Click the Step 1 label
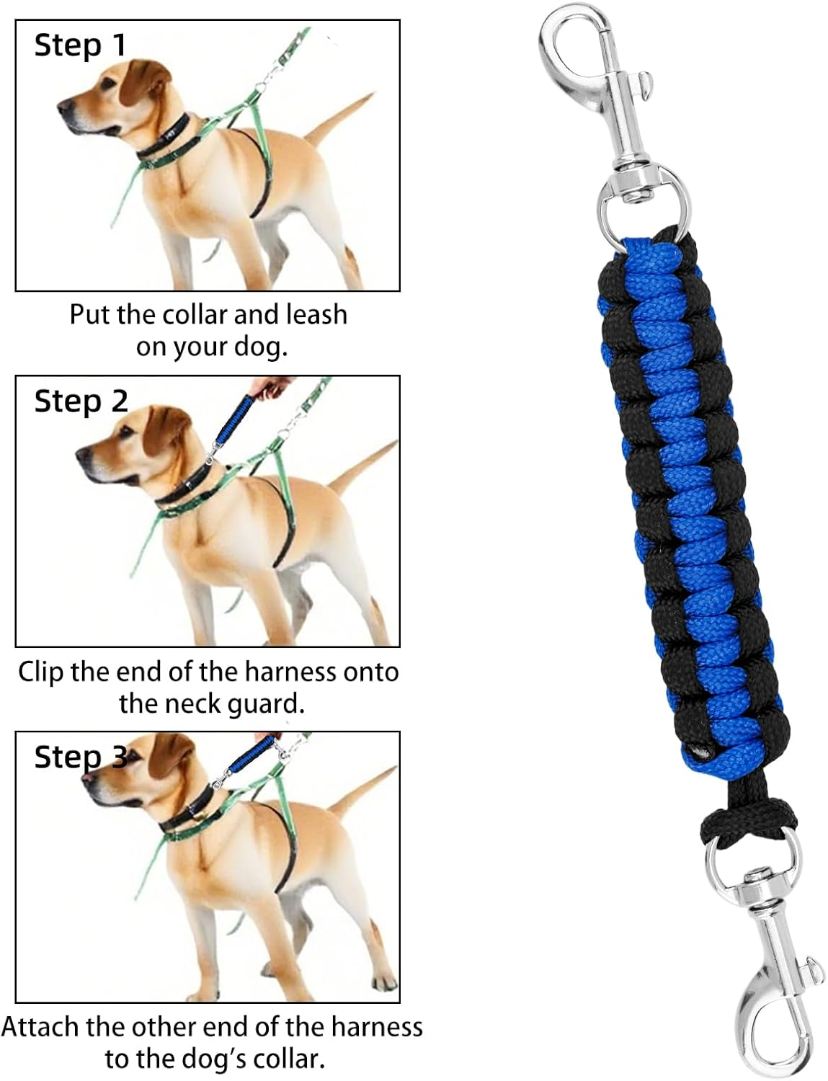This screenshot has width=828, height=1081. [80, 45]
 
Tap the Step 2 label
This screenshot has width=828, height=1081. [81, 401]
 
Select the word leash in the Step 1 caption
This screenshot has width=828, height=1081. [316, 315]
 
